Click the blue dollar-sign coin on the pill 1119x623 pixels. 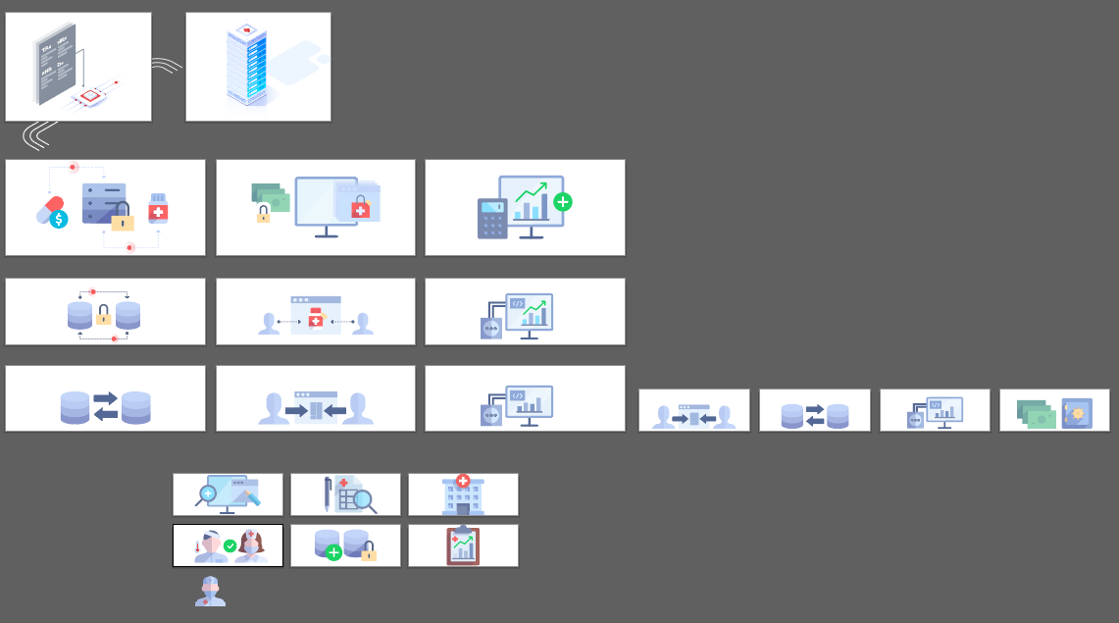59,220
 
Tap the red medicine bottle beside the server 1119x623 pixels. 158,209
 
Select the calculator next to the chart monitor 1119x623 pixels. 491,218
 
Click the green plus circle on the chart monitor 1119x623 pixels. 562,202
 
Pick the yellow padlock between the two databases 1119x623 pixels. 103,315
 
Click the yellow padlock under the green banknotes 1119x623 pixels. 263,215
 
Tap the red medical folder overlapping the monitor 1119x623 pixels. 360,207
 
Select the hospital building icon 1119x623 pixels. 463,494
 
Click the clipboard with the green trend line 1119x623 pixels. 463,545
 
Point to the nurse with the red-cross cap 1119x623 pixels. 251,545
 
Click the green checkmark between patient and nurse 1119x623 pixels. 229,545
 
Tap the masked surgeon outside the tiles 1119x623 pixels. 210,592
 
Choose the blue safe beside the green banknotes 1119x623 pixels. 1077,413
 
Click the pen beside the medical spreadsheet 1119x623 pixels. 327,494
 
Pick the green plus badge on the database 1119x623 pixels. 333,553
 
